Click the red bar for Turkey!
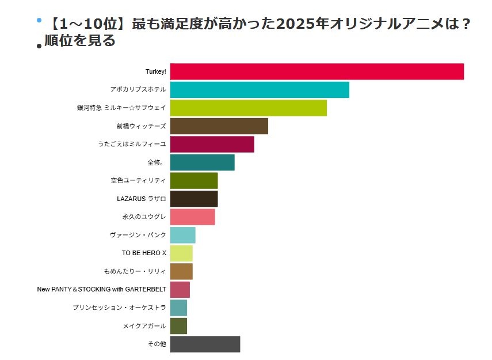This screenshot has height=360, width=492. coord(316,71)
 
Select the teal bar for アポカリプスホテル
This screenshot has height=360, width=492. coord(260,90)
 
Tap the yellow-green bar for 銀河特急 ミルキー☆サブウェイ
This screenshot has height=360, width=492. coord(248,108)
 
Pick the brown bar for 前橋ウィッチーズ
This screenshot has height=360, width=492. coord(219,126)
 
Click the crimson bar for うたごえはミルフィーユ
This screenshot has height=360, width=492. coord(212,144)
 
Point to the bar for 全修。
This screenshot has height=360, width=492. coord(202,162)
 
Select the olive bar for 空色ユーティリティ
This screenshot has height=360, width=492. coord(194,181)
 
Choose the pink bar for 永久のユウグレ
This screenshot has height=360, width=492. coord(192,217)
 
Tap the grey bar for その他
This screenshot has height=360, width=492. coord(205,344)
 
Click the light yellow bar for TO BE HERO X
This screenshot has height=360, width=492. coord(181,253)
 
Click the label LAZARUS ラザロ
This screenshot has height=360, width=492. coord(141,199)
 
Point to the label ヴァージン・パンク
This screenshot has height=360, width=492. coord(138,235)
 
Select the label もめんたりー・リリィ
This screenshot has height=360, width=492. coord(135,271)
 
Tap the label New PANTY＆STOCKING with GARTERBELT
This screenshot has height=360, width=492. coord(101,289)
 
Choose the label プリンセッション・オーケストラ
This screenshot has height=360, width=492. coord(119,308)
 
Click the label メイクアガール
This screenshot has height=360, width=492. coord(144,326)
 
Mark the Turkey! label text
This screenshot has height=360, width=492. coord(155,71)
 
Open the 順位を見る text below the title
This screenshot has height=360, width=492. coord(80,41)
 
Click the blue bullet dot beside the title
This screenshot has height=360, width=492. coord(39,20)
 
